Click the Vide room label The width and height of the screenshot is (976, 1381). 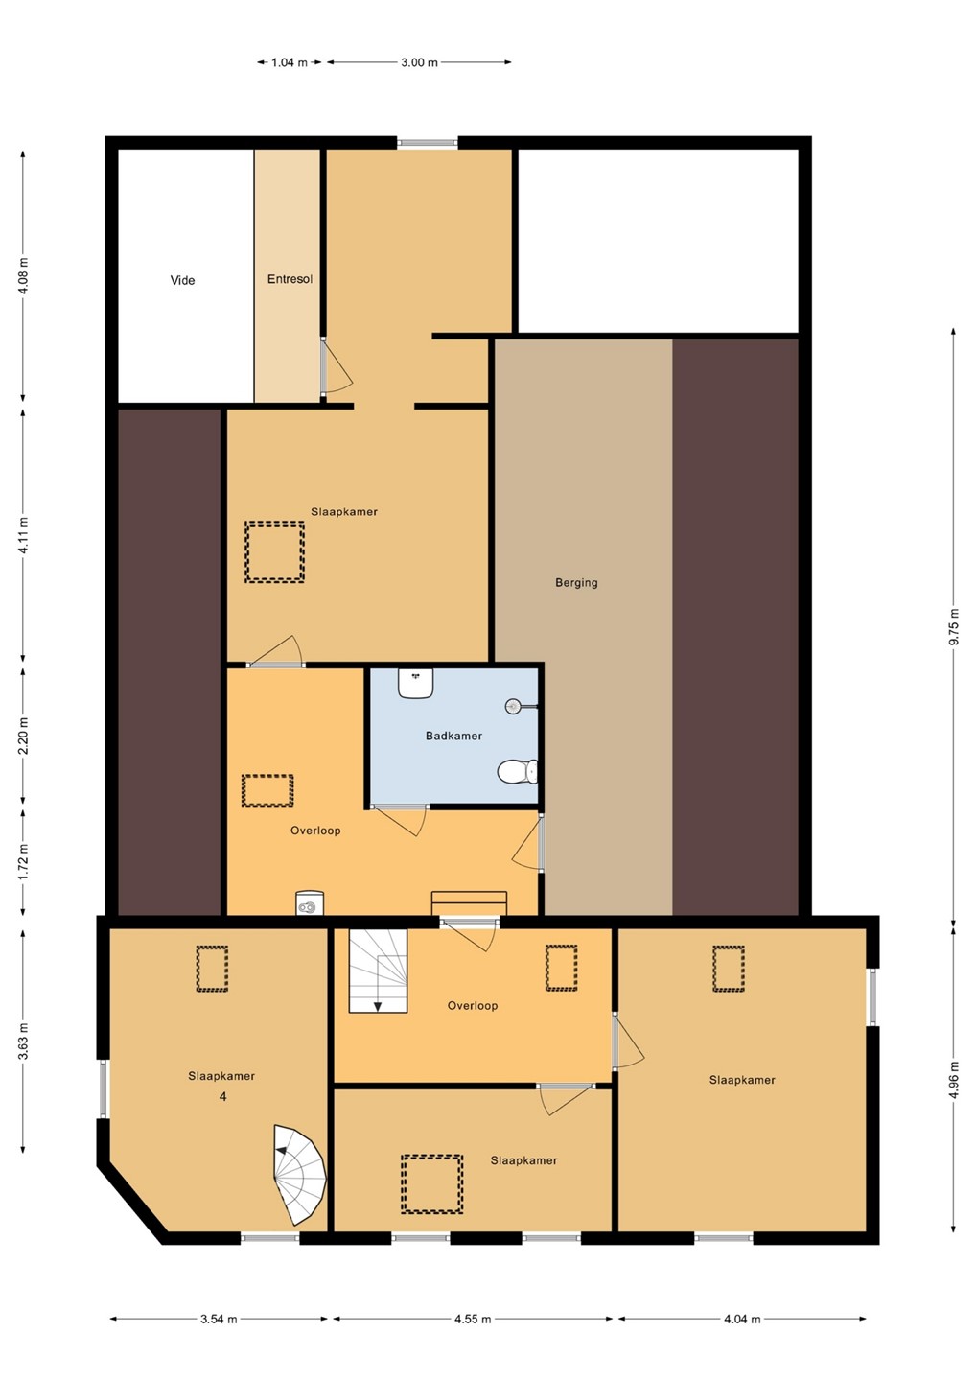tap(182, 280)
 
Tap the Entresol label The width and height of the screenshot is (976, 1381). tap(290, 279)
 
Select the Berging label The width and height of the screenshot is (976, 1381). tap(576, 583)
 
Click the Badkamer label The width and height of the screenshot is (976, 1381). tap(453, 736)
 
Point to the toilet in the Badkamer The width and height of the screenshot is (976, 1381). tap(517, 771)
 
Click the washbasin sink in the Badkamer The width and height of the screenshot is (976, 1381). tap(415, 683)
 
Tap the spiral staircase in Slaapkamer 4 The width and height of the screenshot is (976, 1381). tap(299, 1175)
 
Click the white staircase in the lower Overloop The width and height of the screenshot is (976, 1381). tap(379, 971)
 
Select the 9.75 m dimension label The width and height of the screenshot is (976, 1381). tap(955, 625)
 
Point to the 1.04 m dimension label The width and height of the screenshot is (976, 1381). tap(289, 62)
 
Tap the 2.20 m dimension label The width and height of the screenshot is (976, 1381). tap(23, 736)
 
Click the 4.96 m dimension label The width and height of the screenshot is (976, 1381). tap(955, 1079)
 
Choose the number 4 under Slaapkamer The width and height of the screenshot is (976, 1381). tap(222, 1097)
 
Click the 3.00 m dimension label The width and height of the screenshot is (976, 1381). tap(419, 62)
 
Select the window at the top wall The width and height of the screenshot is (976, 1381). tap(428, 143)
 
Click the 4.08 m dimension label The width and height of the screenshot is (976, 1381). tap(23, 276)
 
